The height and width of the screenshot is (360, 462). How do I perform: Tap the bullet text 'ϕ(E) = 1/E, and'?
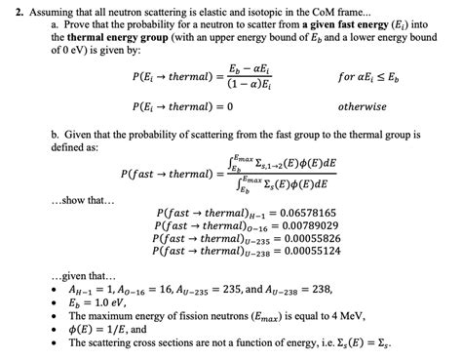click(106, 332)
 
